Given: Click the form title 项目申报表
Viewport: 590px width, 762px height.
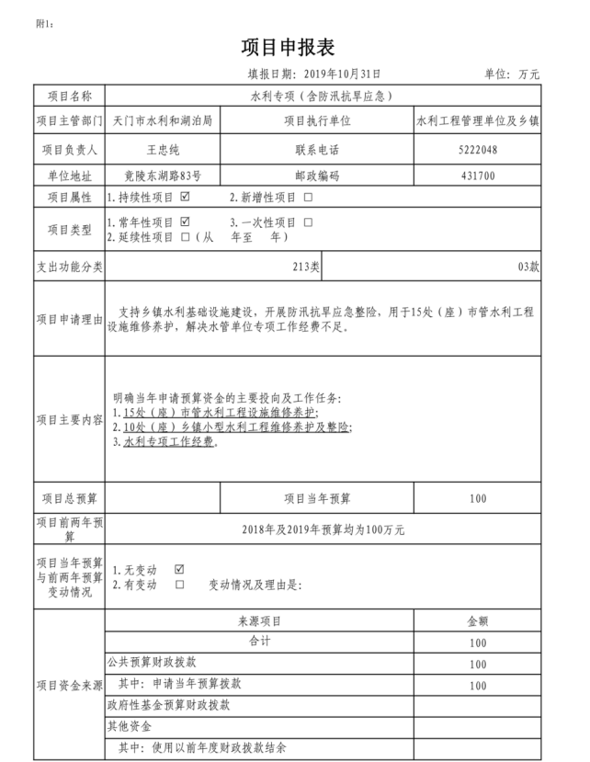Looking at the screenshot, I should pyautogui.click(x=294, y=46).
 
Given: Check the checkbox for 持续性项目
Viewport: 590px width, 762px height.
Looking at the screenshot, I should pyautogui.click(x=186, y=197).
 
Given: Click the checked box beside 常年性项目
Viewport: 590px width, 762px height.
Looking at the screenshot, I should pyautogui.click(x=186, y=222).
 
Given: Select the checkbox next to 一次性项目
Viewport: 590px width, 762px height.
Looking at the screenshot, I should pyautogui.click(x=308, y=222).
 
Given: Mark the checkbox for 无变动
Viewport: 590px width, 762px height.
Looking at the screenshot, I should pyautogui.click(x=179, y=569).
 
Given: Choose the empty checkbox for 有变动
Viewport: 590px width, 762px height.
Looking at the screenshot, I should pyautogui.click(x=179, y=584).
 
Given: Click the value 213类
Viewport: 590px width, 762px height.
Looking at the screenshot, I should pyautogui.click(x=306, y=267).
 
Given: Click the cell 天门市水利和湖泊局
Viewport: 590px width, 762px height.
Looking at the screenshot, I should pyautogui.click(x=162, y=120).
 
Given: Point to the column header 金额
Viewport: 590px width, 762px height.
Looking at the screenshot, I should pyautogui.click(x=477, y=621).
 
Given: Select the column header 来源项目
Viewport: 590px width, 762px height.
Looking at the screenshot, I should pyautogui.click(x=260, y=621).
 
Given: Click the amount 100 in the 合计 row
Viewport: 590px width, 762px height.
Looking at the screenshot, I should pyautogui.click(x=477, y=643).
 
